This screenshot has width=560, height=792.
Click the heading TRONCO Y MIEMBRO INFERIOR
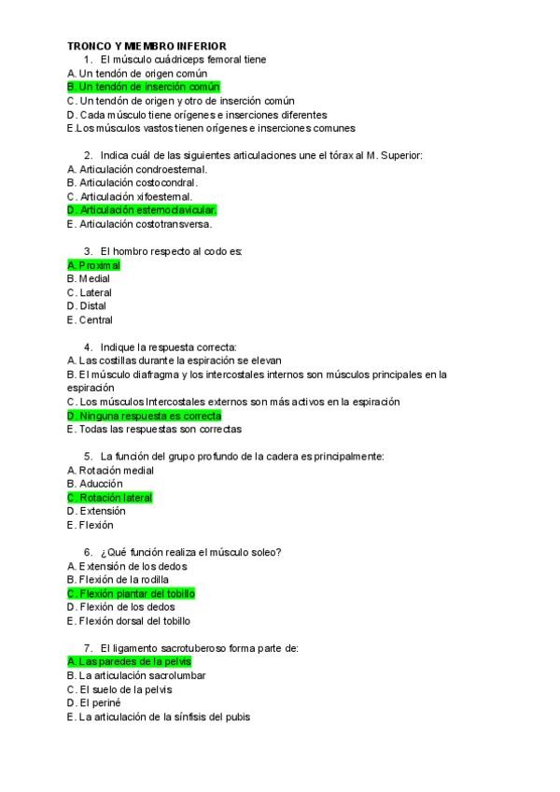tap(147, 46)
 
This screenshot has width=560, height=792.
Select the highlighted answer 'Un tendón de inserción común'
tap(144, 87)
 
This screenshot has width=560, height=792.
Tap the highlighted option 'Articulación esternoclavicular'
tap(142, 210)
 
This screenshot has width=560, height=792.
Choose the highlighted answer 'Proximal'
tap(94, 265)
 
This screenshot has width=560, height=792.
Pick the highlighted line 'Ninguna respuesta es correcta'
tap(145, 416)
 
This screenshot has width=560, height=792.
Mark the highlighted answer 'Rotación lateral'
tap(110, 498)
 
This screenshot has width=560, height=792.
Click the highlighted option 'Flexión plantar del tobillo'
tap(132, 593)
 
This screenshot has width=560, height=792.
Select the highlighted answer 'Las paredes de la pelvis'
tap(130, 661)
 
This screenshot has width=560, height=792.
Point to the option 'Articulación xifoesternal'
tap(130, 197)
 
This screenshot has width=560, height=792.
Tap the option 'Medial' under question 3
tap(93, 278)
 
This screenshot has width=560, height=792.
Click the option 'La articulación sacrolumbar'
tap(142, 675)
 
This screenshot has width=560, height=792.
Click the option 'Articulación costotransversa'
tap(140, 224)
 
